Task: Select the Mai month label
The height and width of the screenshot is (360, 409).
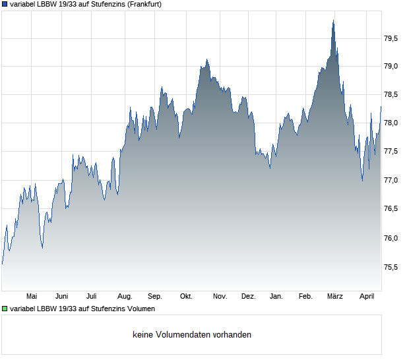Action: point(32,297)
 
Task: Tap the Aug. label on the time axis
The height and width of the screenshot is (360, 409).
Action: point(125,297)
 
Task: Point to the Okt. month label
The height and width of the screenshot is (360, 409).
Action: point(186,297)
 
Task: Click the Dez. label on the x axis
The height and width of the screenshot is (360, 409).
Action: point(248,297)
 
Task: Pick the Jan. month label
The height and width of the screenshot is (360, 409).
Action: point(276,297)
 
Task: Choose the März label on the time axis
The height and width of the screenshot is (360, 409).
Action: point(335,297)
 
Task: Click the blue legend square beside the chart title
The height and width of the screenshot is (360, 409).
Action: point(5,5)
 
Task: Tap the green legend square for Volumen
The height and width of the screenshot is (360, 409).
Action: point(5,309)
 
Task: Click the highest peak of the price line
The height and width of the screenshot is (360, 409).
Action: point(333,20)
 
